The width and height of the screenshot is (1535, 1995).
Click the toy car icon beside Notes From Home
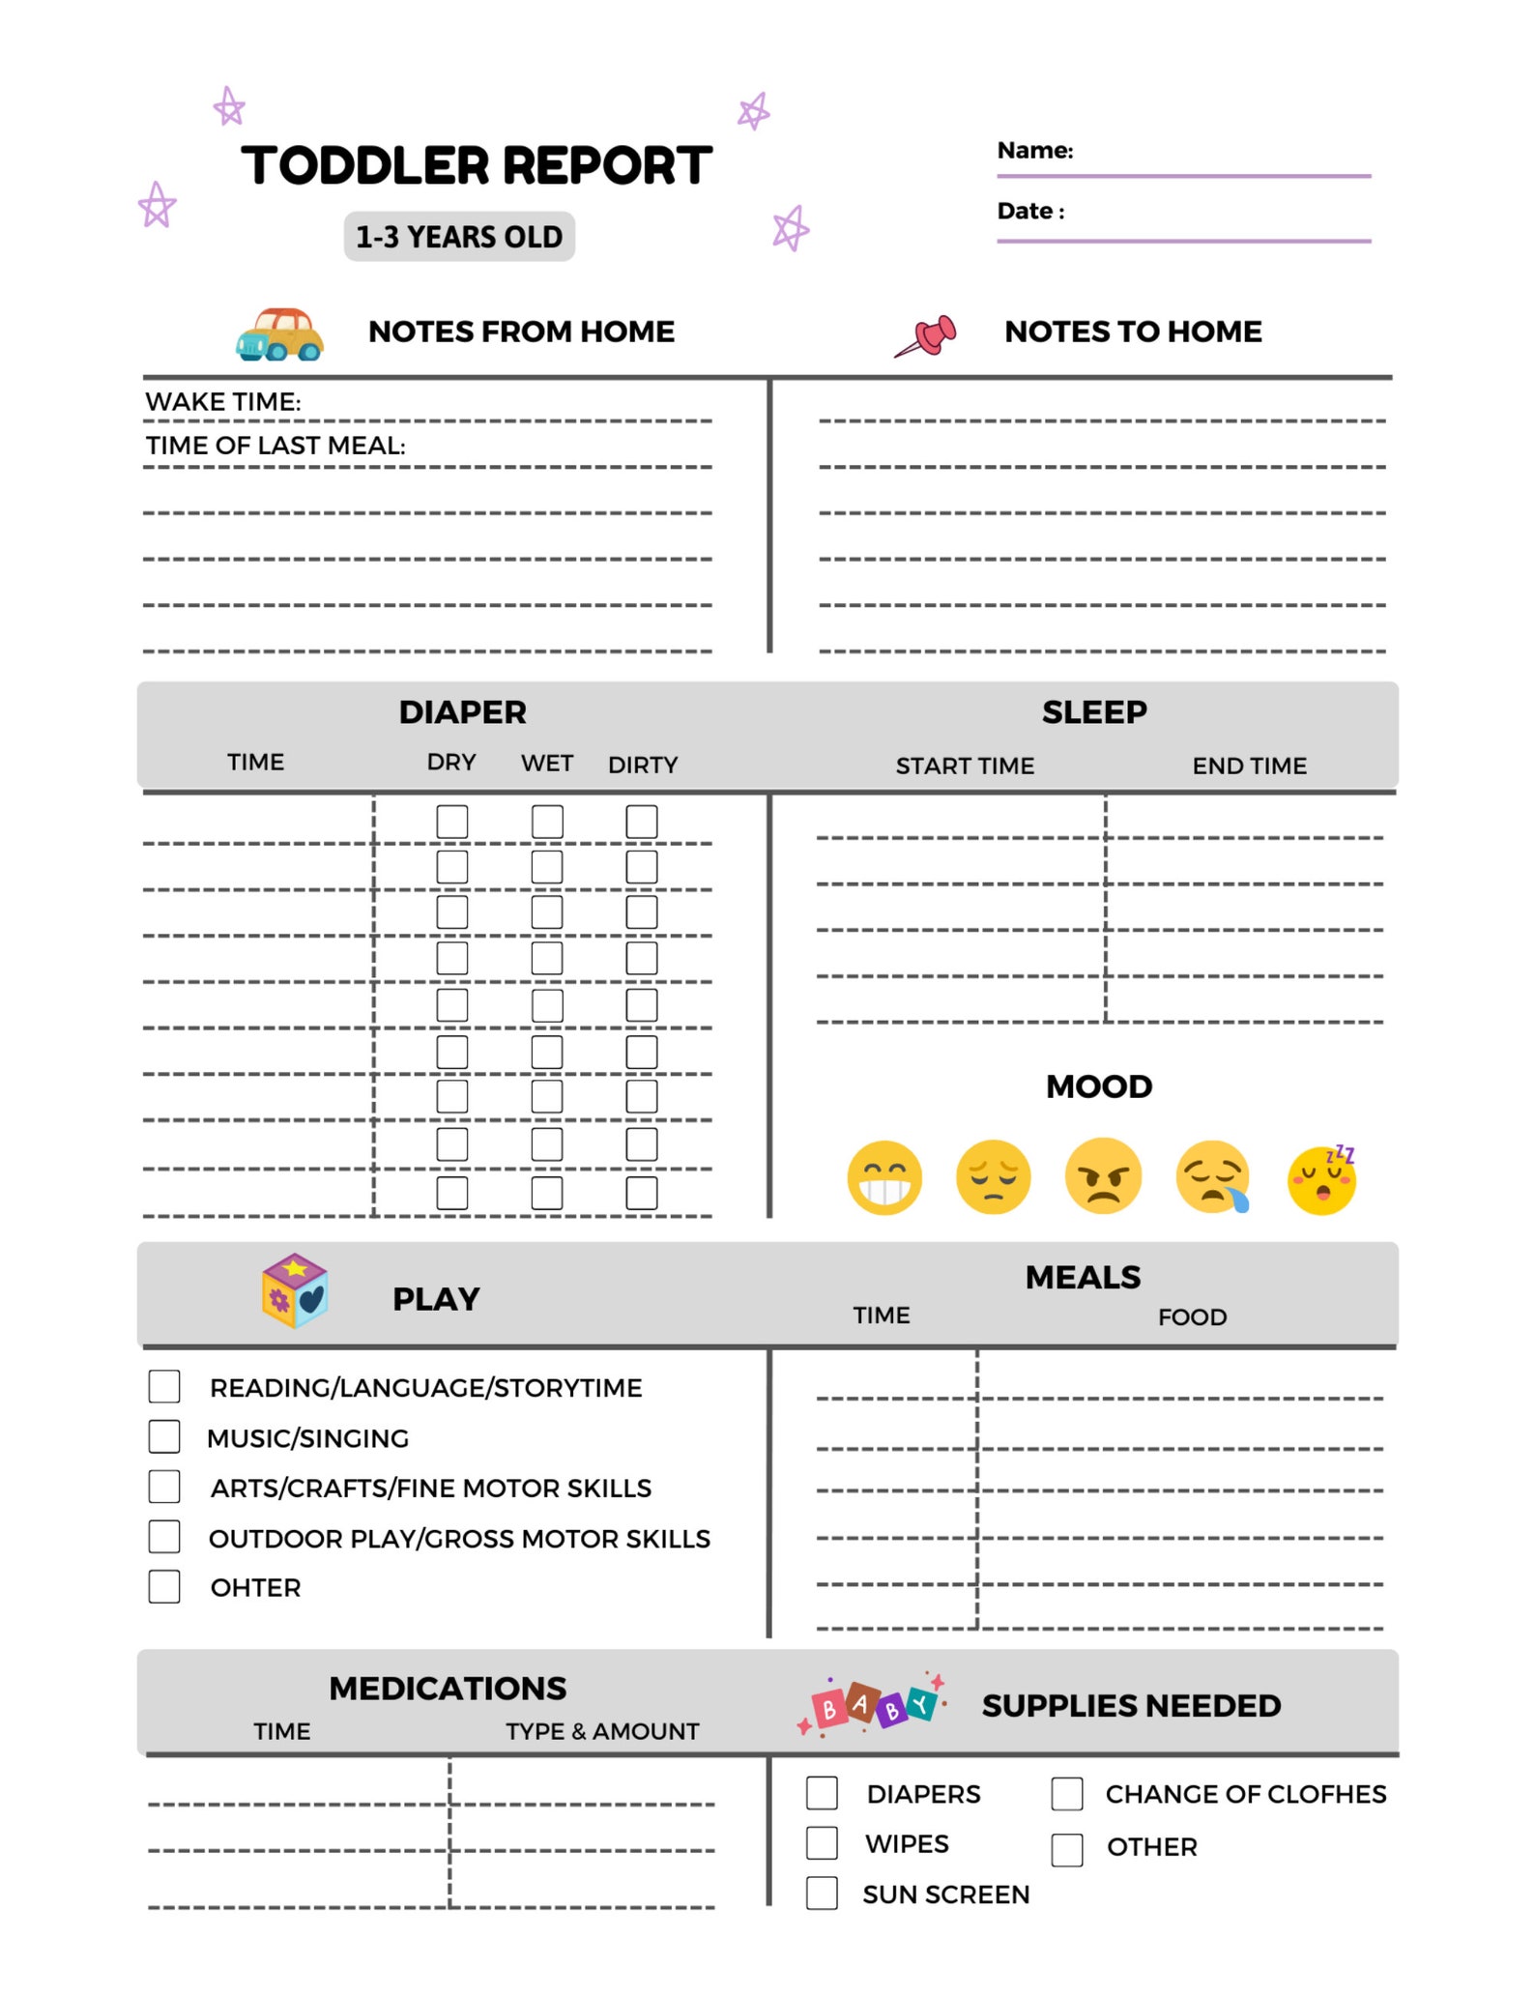point(279,334)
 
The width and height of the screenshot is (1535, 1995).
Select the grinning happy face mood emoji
point(883,1177)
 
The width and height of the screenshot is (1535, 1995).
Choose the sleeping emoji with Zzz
point(1322,1179)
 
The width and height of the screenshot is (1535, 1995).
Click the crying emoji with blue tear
point(1213,1177)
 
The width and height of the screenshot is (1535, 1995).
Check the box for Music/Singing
point(164,1436)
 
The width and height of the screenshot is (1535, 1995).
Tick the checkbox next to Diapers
point(822,1793)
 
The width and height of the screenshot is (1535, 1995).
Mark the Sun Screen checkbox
point(822,1893)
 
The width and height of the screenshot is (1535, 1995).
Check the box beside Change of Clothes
point(1067,1794)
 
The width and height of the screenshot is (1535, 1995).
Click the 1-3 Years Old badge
point(459,237)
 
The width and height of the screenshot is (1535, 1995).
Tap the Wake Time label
point(223,402)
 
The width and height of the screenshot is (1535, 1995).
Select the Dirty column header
point(643,766)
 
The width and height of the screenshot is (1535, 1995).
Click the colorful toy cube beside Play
point(295,1290)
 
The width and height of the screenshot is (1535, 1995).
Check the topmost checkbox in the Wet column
point(547,822)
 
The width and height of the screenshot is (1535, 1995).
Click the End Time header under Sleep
point(1249,766)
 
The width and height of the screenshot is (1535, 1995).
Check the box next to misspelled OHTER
point(164,1587)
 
